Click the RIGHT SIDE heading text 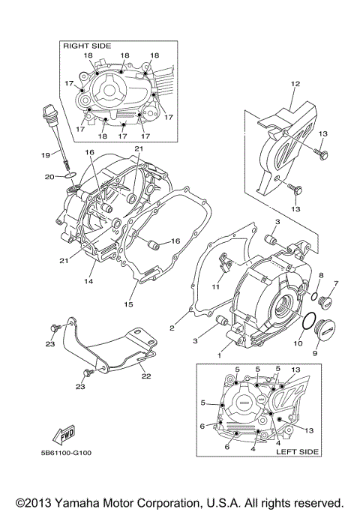(x=86, y=46)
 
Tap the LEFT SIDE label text (x=298, y=451)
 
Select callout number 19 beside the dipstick (x=44, y=154)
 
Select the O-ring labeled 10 (x=307, y=321)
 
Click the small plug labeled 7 (x=325, y=303)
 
